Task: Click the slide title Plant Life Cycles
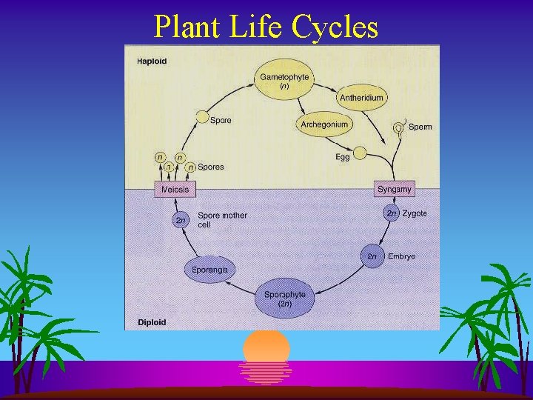(x=266, y=27)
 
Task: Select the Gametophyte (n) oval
(x=284, y=81)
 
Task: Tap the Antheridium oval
(x=361, y=98)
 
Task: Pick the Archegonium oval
(x=324, y=124)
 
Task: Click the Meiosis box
(x=175, y=189)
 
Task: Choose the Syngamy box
(x=394, y=189)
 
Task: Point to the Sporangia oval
(x=210, y=270)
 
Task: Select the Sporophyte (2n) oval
(x=284, y=299)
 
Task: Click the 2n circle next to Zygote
(x=392, y=213)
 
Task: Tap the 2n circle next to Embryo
(x=372, y=256)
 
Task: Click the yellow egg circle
(x=361, y=153)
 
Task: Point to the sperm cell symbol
(x=399, y=127)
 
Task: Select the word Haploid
(x=152, y=61)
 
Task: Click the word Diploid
(x=151, y=322)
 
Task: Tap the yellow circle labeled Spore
(x=201, y=117)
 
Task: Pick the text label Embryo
(x=402, y=256)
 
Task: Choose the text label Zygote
(x=415, y=213)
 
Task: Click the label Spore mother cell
(x=222, y=220)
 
